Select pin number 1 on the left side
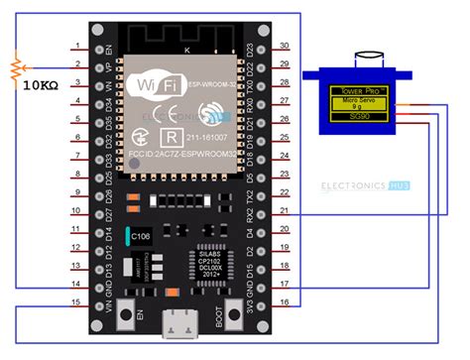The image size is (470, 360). [x=76, y=47]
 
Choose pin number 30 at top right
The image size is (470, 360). [x=284, y=47]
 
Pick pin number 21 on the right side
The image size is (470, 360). [x=284, y=210]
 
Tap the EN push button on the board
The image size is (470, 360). [x=127, y=318]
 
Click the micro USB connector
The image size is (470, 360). [x=180, y=325]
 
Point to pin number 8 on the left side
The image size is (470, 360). [x=76, y=174]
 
